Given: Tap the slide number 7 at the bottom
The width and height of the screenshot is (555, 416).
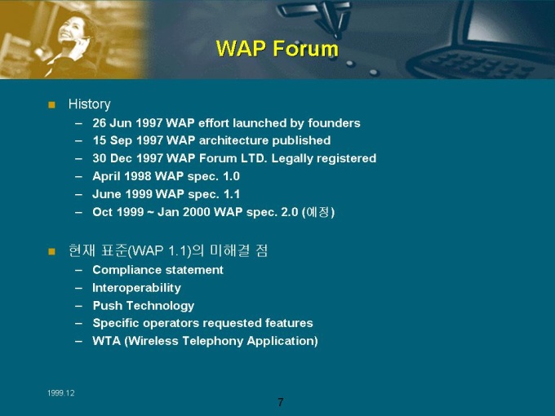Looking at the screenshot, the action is pyautogui.click(x=280, y=402).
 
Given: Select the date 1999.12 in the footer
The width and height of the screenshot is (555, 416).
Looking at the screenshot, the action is pyautogui.click(x=61, y=393).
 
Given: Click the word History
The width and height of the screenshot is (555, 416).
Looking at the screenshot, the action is pyautogui.click(x=89, y=104).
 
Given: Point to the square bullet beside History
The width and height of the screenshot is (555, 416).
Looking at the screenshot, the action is pyautogui.click(x=51, y=104).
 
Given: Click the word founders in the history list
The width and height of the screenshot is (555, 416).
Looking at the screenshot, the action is pyautogui.click(x=334, y=122).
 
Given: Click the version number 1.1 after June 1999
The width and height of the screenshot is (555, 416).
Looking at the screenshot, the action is pyautogui.click(x=232, y=194).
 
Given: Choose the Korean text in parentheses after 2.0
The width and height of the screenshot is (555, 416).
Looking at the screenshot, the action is pyautogui.click(x=317, y=212).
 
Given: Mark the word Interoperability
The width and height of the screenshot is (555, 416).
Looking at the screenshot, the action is pyautogui.click(x=136, y=288).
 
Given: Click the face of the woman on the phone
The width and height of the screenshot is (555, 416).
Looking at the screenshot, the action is pyautogui.click(x=73, y=29).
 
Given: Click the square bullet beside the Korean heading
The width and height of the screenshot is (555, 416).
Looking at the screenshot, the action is pyautogui.click(x=51, y=251).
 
